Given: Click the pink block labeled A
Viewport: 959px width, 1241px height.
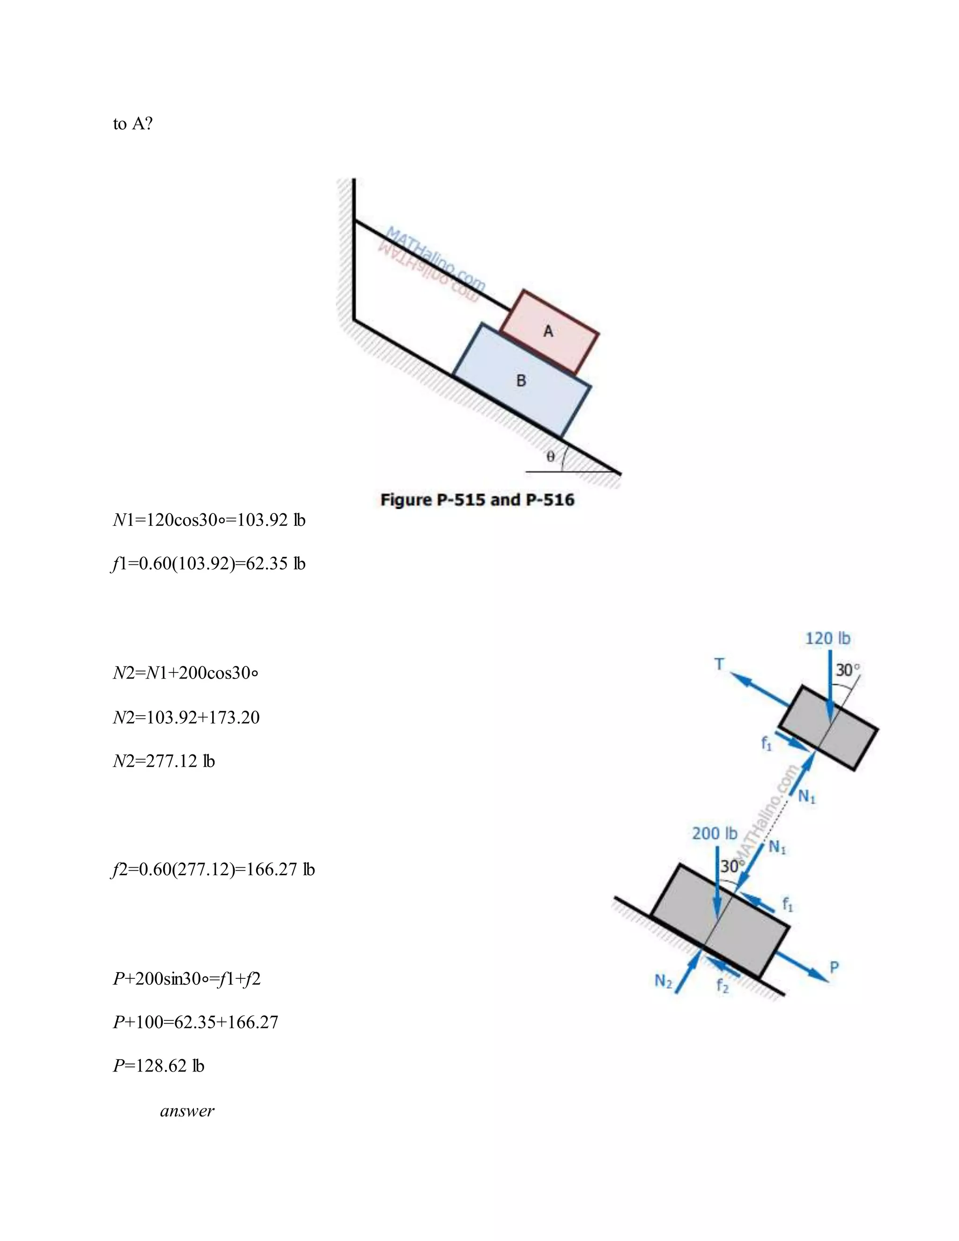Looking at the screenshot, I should pyautogui.click(x=549, y=332).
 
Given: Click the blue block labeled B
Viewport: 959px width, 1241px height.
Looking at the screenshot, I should pyautogui.click(x=521, y=381).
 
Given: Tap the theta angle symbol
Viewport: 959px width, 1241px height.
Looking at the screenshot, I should pyautogui.click(x=550, y=456).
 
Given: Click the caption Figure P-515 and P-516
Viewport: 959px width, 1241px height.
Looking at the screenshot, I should pyautogui.click(x=477, y=500).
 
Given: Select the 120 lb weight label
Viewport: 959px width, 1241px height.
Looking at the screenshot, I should pyautogui.click(x=827, y=639).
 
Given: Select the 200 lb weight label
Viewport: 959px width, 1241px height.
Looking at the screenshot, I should pyautogui.click(x=714, y=834).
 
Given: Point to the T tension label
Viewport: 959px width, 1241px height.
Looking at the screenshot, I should pyautogui.click(x=719, y=664).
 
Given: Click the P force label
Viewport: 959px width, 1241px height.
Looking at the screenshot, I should pyautogui.click(x=834, y=967).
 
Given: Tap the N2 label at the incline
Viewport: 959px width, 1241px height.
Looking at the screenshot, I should pyautogui.click(x=663, y=981).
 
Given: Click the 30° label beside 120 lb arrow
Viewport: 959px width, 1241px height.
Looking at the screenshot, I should pyautogui.click(x=848, y=671).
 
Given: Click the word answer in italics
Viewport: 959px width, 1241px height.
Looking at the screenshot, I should pyautogui.click(x=187, y=1111).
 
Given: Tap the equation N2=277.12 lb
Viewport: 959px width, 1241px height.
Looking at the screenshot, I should pyautogui.click(x=163, y=761).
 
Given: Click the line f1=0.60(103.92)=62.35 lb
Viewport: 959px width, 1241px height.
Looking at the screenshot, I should pyautogui.click(x=208, y=564).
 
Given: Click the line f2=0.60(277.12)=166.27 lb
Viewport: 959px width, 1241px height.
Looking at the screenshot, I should pyautogui.click(x=213, y=869).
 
